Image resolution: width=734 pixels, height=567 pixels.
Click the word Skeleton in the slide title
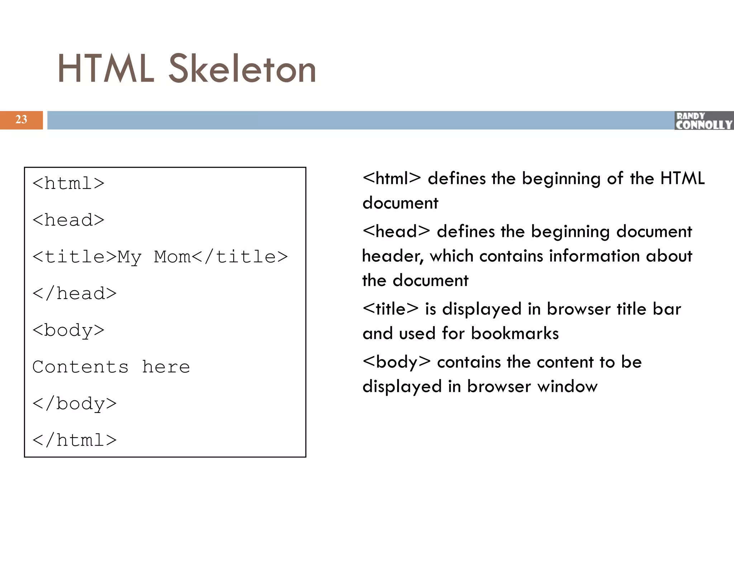tap(242, 69)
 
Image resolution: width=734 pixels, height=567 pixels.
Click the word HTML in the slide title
tap(106, 69)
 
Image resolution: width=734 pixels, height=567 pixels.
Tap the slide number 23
tap(21, 120)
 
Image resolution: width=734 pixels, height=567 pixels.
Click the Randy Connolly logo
tap(704, 121)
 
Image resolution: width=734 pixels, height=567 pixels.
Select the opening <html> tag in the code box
tap(68, 184)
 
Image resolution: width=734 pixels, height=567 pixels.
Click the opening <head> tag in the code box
tap(68, 220)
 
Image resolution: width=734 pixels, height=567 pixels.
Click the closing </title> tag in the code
tap(240, 257)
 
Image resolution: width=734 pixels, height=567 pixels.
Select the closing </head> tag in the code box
tap(75, 294)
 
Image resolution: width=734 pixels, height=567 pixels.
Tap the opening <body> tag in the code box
tap(68, 330)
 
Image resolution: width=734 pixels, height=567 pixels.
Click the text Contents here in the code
tap(111, 367)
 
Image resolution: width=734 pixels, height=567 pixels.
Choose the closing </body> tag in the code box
tap(75, 404)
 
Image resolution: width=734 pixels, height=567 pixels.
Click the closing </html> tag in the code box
tap(75, 440)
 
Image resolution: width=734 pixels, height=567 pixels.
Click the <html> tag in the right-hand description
tap(391, 178)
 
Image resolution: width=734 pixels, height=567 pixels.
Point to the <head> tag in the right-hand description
tap(396, 231)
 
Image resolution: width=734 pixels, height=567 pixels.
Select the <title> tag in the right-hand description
tap(390, 309)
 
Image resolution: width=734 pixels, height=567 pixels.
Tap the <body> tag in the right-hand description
tap(396, 362)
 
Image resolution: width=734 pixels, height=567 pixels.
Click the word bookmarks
tap(515, 333)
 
